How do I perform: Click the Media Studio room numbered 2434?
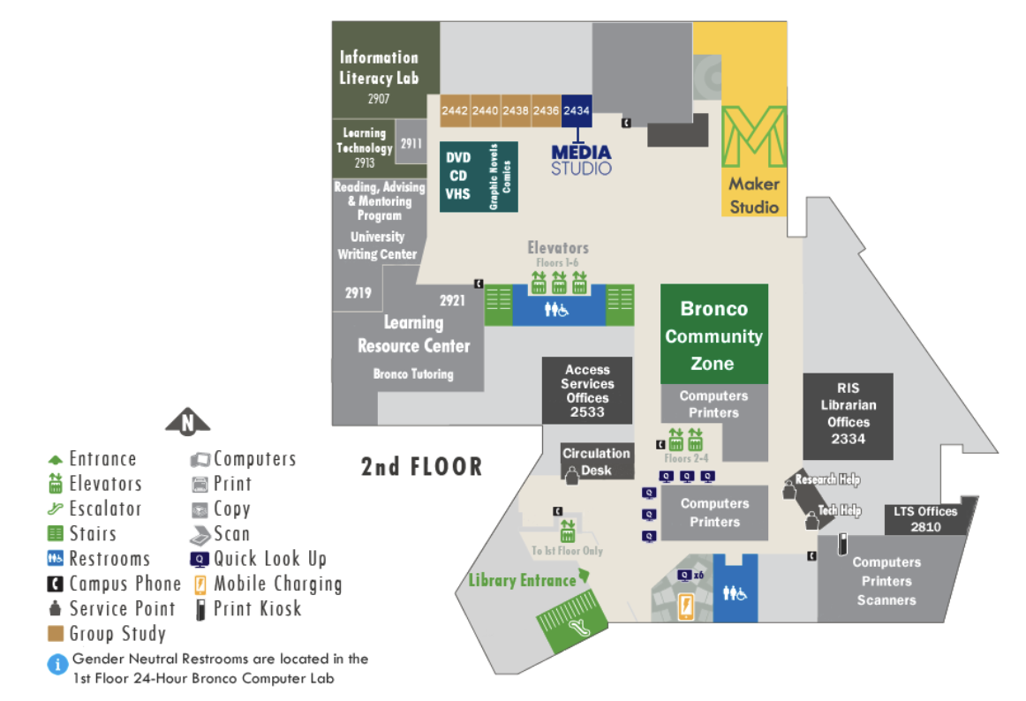[x=577, y=110]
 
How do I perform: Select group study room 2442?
[x=455, y=110]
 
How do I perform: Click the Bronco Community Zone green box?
[x=714, y=334]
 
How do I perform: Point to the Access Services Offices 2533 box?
[x=587, y=391]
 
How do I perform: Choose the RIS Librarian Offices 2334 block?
[x=848, y=417]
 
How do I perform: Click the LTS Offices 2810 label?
[x=926, y=519]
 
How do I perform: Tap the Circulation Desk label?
[x=596, y=462]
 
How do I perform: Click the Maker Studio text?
[x=754, y=195]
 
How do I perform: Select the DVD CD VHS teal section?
[x=479, y=176]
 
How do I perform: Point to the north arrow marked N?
[x=188, y=422]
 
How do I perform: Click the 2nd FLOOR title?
[x=422, y=467]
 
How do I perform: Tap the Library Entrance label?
[x=522, y=580]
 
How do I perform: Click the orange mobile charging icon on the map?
[x=685, y=607]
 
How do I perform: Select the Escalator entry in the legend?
[x=94, y=509]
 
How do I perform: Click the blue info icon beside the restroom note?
[x=57, y=665]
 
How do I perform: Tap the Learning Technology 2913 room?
[x=364, y=148]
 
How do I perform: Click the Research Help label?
[x=827, y=479]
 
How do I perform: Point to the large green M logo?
[x=754, y=137]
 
